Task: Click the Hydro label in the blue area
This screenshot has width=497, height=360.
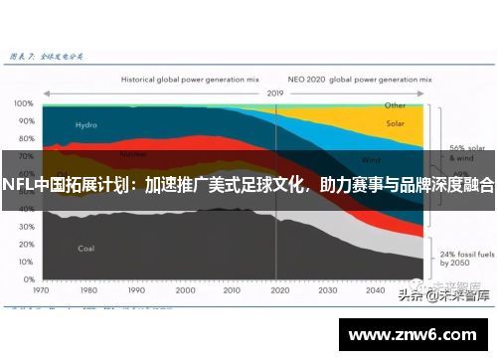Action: pyautogui.click(x=86, y=125)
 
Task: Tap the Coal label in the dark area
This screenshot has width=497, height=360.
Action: pyautogui.click(x=86, y=248)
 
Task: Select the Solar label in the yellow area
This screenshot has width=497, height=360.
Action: pyautogui.click(x=395, y=125)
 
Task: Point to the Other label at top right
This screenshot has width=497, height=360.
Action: pyautogui.click(x=395, y=104)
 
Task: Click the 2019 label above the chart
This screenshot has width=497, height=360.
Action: pyautogui.click(x=275, y=92)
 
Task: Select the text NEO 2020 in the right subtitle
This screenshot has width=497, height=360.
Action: pyautogui.click(x=305, y=76)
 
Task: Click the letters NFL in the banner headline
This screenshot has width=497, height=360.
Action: pyautogui.click(x=17, y=185)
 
